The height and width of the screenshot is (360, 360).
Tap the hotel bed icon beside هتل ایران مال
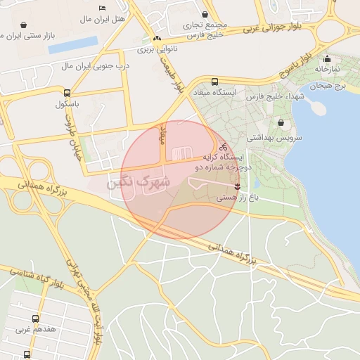point(103,8)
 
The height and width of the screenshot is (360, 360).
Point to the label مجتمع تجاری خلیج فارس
point(204,28)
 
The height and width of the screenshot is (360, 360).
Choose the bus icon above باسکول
point(67,93)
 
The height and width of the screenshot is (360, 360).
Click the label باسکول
point(68,104)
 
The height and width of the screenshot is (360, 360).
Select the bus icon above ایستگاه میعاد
point(214,81)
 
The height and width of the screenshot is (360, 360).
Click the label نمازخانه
point(327,70)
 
